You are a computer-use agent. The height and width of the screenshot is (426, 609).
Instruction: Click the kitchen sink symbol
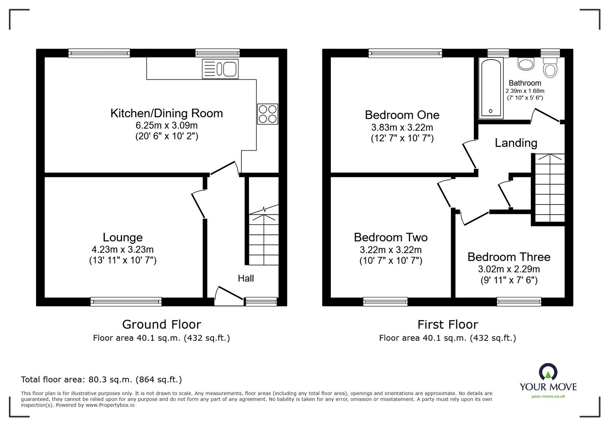click(220, 69)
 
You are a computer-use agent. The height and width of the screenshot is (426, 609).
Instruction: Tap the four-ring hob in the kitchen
click(268, 114)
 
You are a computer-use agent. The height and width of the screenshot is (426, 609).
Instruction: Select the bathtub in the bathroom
click(491, 88)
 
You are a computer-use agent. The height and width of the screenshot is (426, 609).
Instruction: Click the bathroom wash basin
click(526, 64)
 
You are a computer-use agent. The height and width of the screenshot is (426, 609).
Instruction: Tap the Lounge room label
click(123, 237)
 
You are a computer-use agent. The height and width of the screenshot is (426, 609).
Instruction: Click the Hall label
click(246, 278)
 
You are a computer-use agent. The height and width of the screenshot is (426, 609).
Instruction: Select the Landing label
click(516, 143)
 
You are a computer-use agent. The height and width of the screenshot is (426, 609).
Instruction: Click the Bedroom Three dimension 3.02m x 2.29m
click(509, 269)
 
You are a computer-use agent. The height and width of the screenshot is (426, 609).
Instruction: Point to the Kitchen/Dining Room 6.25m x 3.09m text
click(167, 125)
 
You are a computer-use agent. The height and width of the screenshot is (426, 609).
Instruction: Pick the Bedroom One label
click(402, 115)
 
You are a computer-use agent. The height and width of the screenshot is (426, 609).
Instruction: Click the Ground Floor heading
click(161, 324)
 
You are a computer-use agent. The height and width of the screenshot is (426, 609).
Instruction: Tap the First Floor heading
click(448, 324)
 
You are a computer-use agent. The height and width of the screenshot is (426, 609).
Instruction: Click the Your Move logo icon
click(548, 372)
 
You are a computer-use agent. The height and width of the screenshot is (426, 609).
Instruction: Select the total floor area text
click(101, 380)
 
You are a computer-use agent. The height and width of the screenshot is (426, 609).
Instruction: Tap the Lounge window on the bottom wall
click(126, 302)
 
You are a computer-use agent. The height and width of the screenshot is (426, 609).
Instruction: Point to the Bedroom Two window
click(386, 302)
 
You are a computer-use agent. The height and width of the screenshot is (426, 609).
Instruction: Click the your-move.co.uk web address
click(548, 396)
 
